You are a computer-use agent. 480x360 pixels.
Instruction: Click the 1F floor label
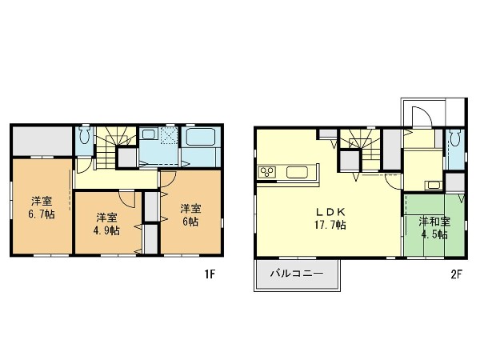pyautogui.click(x=210, y=274)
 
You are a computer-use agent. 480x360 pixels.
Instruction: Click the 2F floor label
pyautogui.click(x=456, y=274)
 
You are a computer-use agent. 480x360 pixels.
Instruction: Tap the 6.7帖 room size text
pyautogui.click(x=42, y=214)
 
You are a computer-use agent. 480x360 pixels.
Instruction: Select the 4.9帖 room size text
pyautogui.click(x=106, y=230)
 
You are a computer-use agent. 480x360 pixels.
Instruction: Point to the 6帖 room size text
pyautogui.click(x=190, y=222)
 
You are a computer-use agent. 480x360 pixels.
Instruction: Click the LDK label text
pyautogui.click(x=330, y=212)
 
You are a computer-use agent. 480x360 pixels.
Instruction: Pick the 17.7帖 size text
pyautogui.click(x=330, y=226)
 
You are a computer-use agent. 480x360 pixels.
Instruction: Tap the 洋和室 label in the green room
pyautogui.click(x=434, y=222)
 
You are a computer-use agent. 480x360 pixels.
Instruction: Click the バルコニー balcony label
pyautogui.click(x=296, y=274)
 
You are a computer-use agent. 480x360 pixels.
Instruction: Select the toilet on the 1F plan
pyautogui.click(x=84, y=135)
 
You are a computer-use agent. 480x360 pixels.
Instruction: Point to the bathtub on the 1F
pyautogui.click(x=200, y=137)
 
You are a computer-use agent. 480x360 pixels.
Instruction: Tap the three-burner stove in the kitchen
pyautogui.click(x=267, y=172)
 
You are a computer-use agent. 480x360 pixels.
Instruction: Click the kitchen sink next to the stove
pyautogui.click(x=297, y=172)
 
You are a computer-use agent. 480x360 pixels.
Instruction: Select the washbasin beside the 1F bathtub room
pyautogui.click(x=149, y=134)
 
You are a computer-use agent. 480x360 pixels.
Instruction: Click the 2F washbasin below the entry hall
pyautogui.click(x=433, y=186)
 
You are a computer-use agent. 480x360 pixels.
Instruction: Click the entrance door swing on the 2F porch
pyautogui.click(x=422, y=116)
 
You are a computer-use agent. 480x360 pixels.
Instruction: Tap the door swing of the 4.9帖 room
pyautogui.click(x=126, y=199)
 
